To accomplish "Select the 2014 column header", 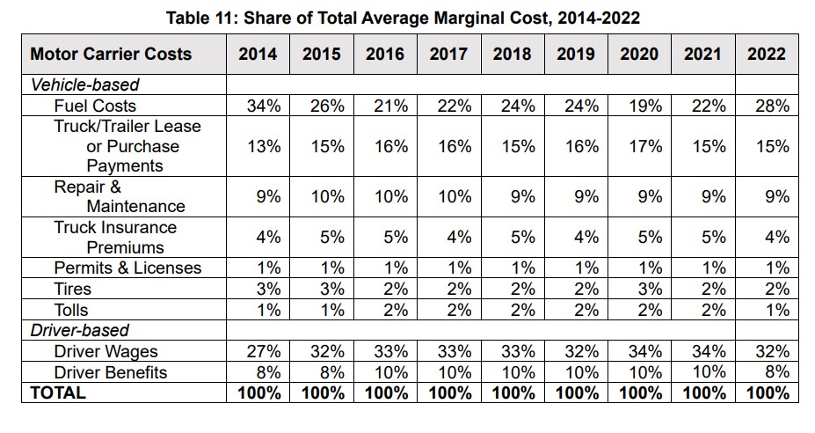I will (258, 54).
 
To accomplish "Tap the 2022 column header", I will (767, 54).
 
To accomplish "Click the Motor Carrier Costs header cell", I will (111, 54).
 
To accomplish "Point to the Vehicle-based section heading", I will (84, 85).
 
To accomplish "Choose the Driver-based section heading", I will (79, 331).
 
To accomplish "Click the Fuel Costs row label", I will (95, 106).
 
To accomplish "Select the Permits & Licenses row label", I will (127, 268).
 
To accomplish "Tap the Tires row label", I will (72, 289).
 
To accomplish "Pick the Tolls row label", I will (71, 310).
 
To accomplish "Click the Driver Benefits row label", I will (111, 372).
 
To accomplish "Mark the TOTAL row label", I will (58, 393).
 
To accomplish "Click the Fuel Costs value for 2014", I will (263, 106).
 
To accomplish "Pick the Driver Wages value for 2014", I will (263, 352).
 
